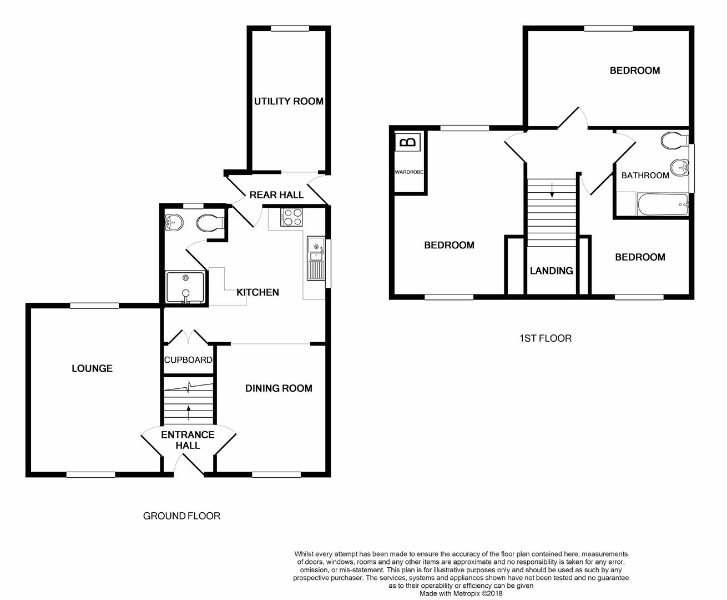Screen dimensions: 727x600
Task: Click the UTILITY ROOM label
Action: (289, 101)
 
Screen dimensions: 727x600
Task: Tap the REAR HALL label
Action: (276, 195)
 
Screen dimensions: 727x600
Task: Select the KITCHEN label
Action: (258, 292)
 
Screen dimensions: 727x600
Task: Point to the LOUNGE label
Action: (92, 368)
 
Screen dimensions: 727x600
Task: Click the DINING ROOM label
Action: (279, 388)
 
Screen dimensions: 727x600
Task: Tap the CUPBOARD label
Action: (188, 360)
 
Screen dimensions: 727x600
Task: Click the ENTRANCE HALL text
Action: (188, 440)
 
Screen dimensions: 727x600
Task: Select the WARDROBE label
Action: (409, 172)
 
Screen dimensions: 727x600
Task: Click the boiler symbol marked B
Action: (408, 142)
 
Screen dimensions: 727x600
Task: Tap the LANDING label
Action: (552, 271)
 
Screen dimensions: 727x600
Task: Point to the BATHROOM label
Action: (645, 175)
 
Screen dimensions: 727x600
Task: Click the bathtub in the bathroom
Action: (663, 204)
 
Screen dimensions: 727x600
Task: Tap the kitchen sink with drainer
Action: (316, 259)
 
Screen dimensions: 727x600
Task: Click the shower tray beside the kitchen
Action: (186, 287)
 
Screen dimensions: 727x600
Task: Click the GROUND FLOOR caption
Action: (182, 516)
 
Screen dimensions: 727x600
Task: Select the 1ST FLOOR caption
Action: (546, 338)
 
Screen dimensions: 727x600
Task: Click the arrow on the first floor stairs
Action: (552, 189)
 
